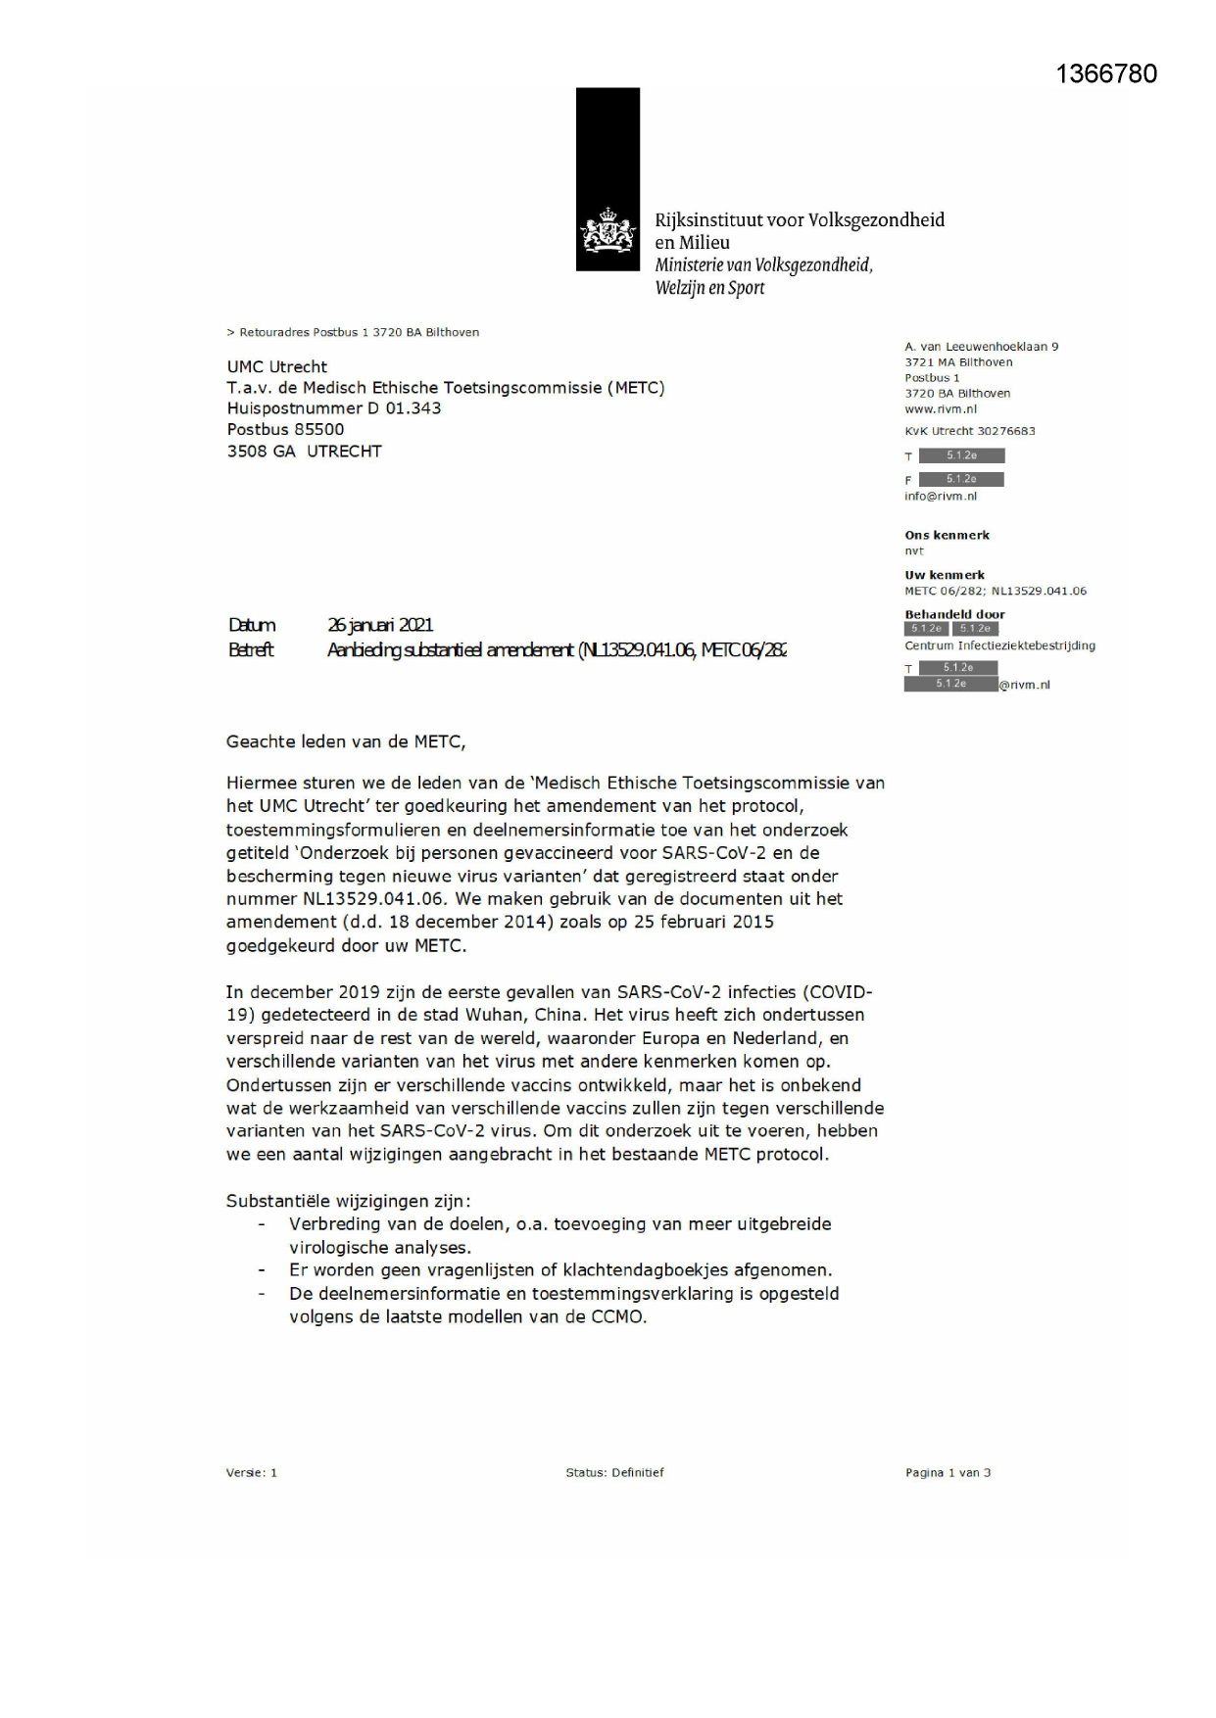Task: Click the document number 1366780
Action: pos(1106,73)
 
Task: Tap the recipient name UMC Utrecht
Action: pos(277,366)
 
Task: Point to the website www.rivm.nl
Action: pos(941,409)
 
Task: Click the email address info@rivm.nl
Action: pos(941,497)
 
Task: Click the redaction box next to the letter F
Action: pos(960,479)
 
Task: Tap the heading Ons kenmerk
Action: pos(947,535)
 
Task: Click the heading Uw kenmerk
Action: pos(945,575)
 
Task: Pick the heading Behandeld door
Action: pos(954,615)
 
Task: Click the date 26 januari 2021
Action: pos(380,625)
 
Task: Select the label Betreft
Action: pos(251,649)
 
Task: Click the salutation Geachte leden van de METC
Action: pos(346,741)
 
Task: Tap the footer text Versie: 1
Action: pos(252,1472)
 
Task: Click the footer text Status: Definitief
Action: pos(614,1472)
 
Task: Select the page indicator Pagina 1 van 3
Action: pos(948,1472)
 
